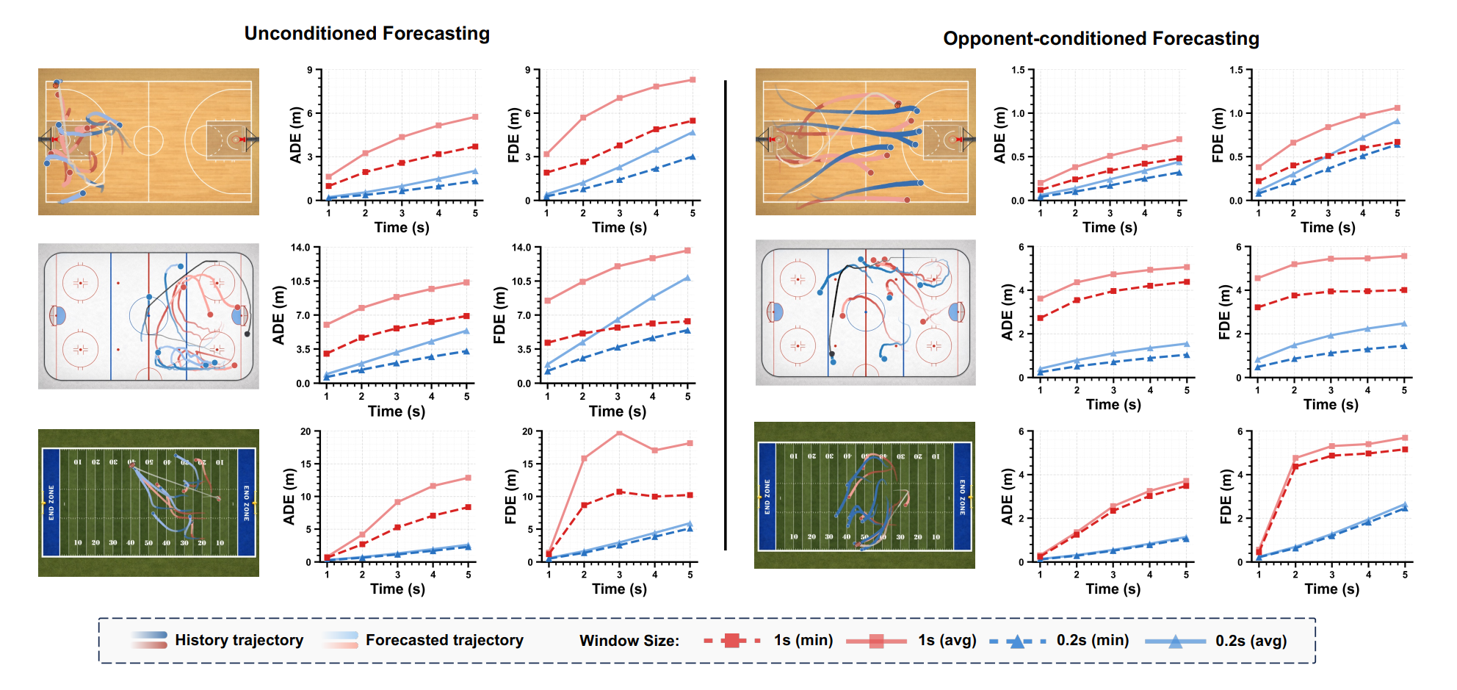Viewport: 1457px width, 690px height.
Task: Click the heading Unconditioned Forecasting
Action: click(x=366, y=34)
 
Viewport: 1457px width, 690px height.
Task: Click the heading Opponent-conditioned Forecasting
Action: click(x=1100, y=39)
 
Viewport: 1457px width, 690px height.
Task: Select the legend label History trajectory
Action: click(x=239, y=640)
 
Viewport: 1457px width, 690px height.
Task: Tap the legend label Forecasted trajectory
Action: click(x=444, y=640)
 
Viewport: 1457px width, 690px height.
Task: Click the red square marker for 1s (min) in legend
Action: click(x=731, y=641)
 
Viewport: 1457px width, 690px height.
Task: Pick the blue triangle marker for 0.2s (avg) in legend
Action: click(x=1175, y=642)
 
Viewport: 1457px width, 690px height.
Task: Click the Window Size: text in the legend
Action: click(x=629, y=641)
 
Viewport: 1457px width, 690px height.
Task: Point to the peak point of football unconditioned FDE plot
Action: click(x=619, y=433)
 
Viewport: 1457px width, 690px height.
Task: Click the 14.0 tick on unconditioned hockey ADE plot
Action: click(x=300, y=248)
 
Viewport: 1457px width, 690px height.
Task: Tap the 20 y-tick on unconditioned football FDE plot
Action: click(x=527, y=431)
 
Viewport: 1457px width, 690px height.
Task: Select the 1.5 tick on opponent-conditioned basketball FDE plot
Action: click(x=1235, y=71)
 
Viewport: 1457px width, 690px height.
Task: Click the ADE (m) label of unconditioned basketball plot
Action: click(x=296, y=135)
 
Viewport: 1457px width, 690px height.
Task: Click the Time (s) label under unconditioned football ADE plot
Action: click(x=397, y=589)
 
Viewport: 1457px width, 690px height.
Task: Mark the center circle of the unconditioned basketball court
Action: click(x=148, y=140)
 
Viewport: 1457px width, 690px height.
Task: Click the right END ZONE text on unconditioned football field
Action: click(x=246, y=503)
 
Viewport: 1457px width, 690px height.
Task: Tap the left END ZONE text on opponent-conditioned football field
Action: click(x=767, y=497)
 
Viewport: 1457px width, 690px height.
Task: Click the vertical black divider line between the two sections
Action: click(x=726, y=316)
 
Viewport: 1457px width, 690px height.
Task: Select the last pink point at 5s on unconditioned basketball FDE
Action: click(x=693, y=80)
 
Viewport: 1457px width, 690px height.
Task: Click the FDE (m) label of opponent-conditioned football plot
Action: click(x=1225, y=497)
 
